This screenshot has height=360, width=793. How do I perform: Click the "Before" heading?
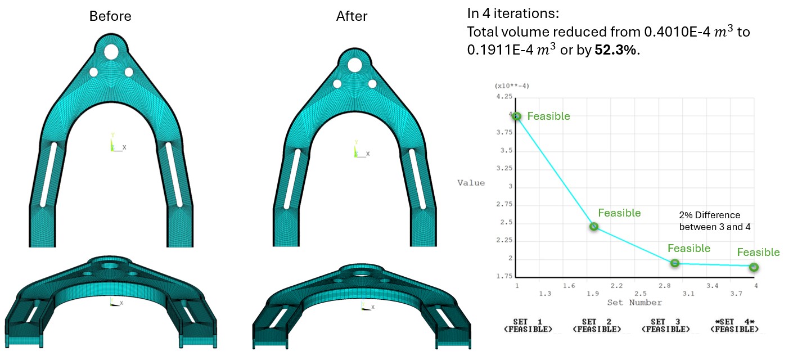pos(110,16)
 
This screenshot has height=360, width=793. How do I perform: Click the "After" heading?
pos(352,16)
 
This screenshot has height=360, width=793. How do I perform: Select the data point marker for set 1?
pos(516,116)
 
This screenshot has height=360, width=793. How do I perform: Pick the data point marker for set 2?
pos(593,227)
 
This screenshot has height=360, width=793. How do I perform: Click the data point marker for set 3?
pos(675,263)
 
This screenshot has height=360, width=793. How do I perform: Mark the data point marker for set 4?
pos(754,267)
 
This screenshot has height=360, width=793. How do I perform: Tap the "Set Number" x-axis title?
pos(634,303)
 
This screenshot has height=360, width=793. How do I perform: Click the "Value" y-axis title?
pos(471,182)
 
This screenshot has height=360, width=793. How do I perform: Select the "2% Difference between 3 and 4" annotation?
pos(710,221)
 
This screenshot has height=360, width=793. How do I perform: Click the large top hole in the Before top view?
pos(111,52)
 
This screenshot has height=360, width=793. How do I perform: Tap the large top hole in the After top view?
pos(354,65)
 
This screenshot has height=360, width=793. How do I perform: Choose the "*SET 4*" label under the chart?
pos(734,322)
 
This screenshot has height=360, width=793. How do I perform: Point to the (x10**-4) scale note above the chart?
pos(512,85)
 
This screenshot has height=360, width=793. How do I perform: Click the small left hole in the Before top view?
pos(93,72)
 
